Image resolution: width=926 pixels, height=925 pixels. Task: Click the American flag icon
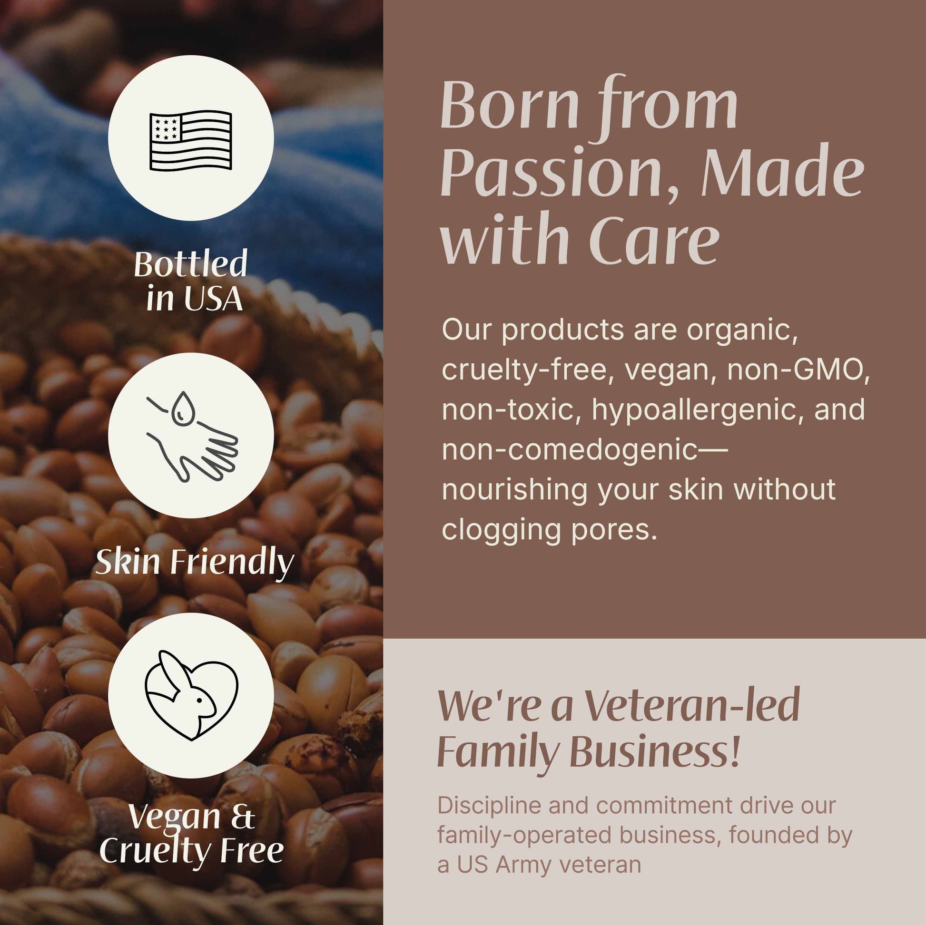tap(191, 140)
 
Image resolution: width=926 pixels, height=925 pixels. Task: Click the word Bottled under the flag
tap(190, 264)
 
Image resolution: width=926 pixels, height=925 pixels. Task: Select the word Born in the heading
tap(510, 106)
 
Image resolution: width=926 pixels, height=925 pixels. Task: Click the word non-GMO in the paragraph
tap(798, 370)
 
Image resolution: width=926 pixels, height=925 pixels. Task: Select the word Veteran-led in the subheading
tap(692, 707)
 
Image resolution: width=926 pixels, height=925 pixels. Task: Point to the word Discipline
tap(489, 806)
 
